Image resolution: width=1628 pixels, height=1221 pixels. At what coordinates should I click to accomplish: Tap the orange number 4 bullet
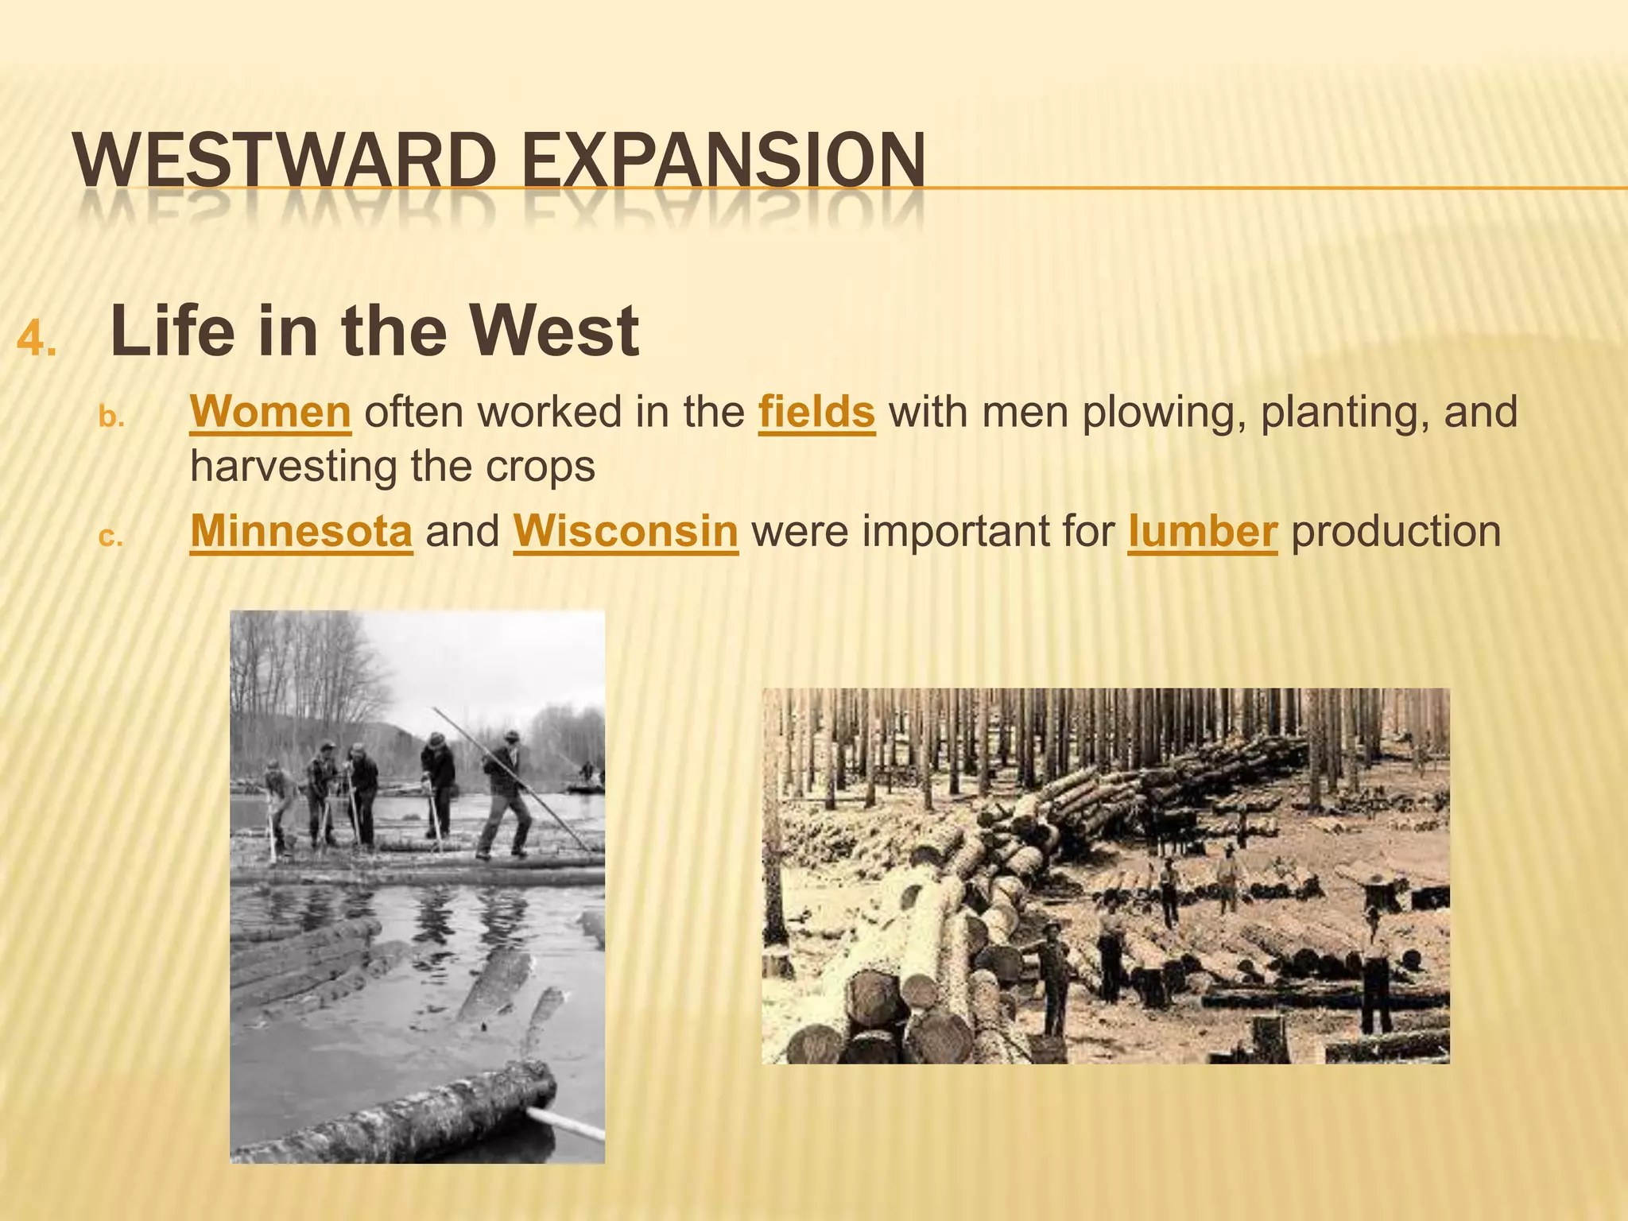37,339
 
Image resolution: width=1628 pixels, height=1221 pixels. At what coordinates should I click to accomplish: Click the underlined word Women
270,412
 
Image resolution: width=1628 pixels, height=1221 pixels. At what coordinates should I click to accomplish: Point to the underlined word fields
816,412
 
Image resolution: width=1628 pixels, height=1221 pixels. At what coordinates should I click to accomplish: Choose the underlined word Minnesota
301,530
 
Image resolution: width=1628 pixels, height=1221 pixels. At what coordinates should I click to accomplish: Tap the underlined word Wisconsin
626,530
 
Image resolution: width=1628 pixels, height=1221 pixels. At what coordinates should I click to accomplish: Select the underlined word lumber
1203,530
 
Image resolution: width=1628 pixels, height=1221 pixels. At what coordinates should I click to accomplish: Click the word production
1396,530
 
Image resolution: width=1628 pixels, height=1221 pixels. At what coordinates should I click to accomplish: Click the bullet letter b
110,417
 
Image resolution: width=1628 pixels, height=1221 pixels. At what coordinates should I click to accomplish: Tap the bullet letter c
110,537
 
